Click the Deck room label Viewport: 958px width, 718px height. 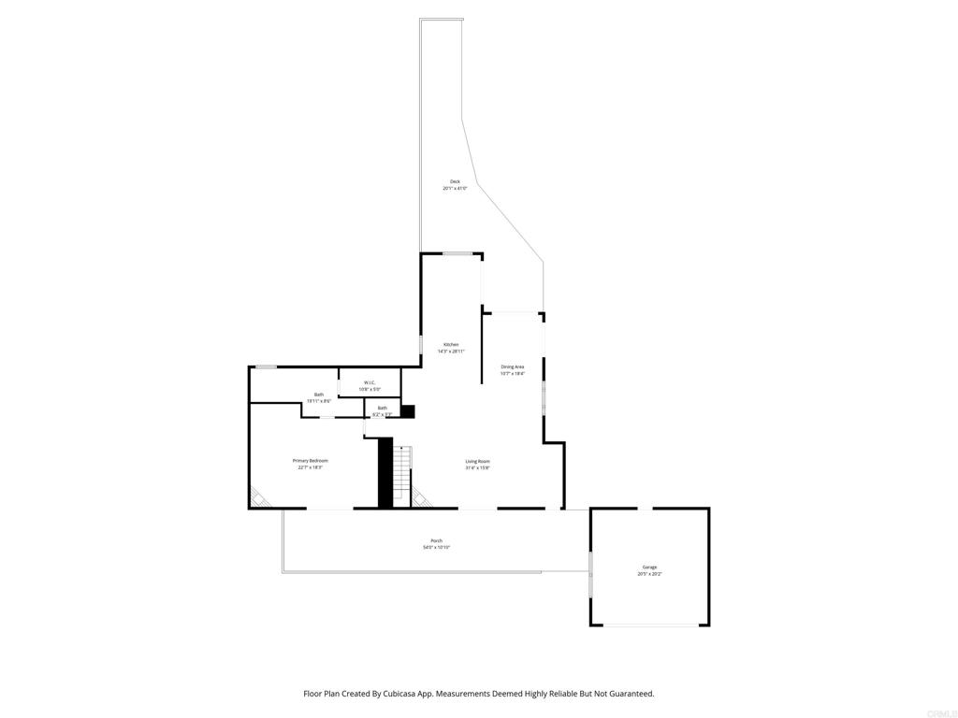(455, 181)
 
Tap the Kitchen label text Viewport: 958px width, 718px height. (451, 345)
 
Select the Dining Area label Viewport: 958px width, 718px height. (512, 366)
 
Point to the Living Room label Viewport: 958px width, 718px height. (478, 461)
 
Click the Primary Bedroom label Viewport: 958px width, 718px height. (311, 461)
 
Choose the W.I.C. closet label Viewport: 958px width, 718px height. (370, 382)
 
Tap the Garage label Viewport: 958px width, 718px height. (649, 567)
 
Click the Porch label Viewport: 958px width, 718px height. (436, 541)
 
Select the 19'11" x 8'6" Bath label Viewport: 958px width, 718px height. (319, 395)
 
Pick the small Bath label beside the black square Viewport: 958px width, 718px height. (382, 408)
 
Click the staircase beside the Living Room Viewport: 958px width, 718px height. (402, 473)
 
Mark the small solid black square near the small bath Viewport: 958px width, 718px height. (407, 410)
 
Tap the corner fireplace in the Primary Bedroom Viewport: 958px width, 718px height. (259, 496)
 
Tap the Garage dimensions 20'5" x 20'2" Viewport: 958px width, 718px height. (649, 574)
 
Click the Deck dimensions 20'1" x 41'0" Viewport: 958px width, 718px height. (455, 189)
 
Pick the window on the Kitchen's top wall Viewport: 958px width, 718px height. (457, 253)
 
